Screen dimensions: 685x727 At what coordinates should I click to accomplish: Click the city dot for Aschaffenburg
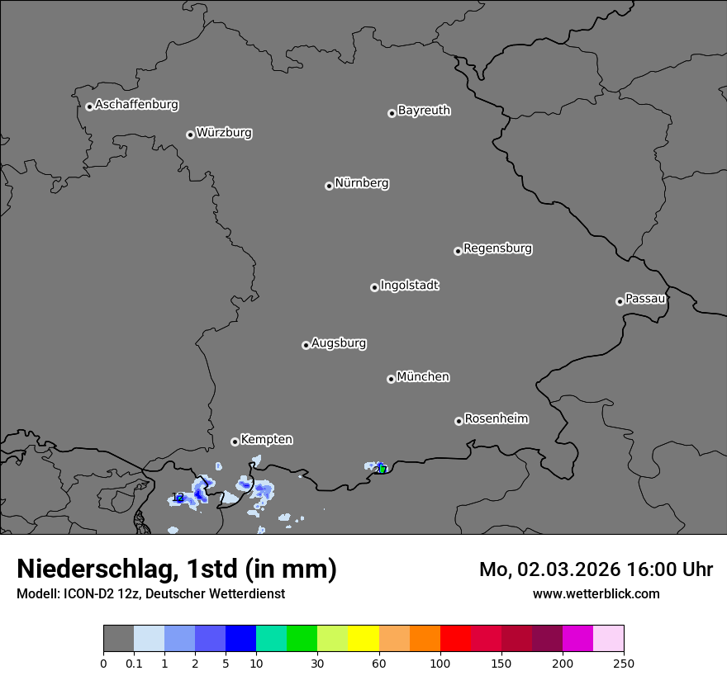pos(89,106)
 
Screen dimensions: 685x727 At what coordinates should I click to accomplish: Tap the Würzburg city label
pos(224,133)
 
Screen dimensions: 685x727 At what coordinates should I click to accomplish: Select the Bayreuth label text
pos(424,111)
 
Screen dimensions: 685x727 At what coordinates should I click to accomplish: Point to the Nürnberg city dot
pos(329,186)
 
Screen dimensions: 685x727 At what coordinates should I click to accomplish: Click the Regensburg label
pos(497,248)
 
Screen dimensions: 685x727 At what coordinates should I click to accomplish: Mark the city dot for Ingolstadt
pos(374,287)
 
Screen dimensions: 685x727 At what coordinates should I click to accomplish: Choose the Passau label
pos(645,299)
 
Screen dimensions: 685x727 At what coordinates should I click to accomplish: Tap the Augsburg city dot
pos(306,345)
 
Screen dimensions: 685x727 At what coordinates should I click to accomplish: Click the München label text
pos(423,377)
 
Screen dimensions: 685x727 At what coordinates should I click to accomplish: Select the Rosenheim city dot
pos(459,422)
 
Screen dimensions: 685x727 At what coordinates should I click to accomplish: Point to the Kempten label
pos(266,440)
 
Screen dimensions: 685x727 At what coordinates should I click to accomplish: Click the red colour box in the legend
pos(455,639)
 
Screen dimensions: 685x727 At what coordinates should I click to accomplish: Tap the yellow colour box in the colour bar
pos(363,639)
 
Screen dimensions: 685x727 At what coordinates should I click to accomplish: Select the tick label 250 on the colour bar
pos(624,663)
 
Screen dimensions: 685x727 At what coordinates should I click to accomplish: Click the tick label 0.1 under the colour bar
pos(134,663)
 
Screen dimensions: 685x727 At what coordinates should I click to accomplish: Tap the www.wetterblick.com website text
pos(596,593)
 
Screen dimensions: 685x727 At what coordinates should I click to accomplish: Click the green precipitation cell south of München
pos(383,470)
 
